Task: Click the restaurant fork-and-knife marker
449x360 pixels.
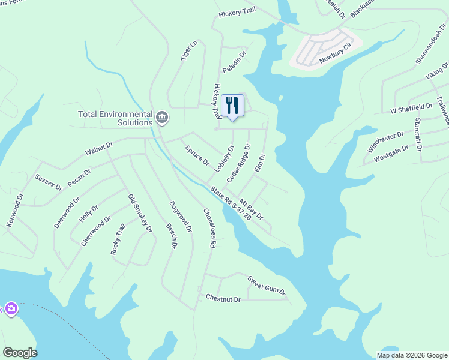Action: pyautogui.click(x=232, y=106)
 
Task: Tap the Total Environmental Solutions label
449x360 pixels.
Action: pyautogui.click(x=115, y=118)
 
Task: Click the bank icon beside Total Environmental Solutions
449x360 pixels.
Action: pyautogui.click(x=161, y=116)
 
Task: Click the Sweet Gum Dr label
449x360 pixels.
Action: pyautogui.click(x=267, y=284)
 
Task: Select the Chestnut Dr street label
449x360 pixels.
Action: pyautogui.click(x=223, y=298)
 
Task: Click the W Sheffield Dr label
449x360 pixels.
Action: pyautogui.click(x=411, y=108)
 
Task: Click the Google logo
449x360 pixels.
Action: pyautogui.click(x=20, y=353)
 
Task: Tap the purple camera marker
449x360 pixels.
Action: pyautogui.click(x=11, y=308)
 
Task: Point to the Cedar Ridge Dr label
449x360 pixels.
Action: pyautogui.click(x=238, y=163)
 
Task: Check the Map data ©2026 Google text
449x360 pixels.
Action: pyautogui.click(x=412, y=355)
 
